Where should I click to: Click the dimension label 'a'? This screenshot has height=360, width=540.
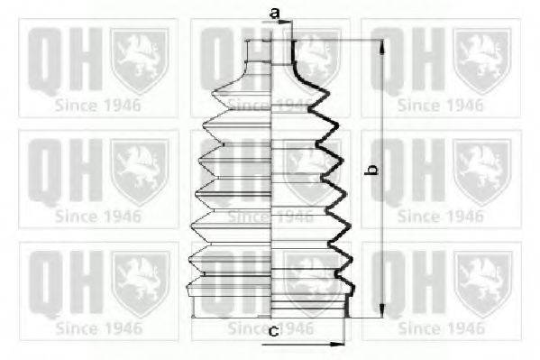[x=274, y=14]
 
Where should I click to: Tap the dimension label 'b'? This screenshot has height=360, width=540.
[x=372, y=170]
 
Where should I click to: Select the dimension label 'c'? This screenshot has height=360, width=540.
[x=274, y=331]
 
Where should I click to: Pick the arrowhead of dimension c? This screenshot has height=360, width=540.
[x=337, y=344]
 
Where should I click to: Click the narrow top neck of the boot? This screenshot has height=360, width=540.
[x=270, y=52]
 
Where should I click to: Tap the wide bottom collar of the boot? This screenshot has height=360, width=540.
[x=271, y=307]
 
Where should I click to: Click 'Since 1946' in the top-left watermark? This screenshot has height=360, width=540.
[x=98, y=106]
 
